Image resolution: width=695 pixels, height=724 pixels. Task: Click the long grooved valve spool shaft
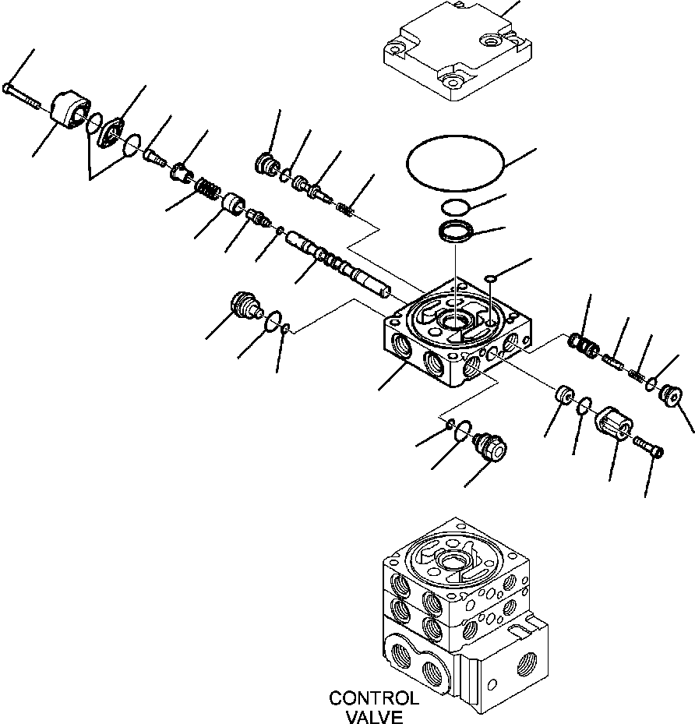click(336, 266)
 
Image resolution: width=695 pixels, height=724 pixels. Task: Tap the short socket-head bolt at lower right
click(650, 449)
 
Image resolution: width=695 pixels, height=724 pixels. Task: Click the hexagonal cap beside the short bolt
click(615, 426)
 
